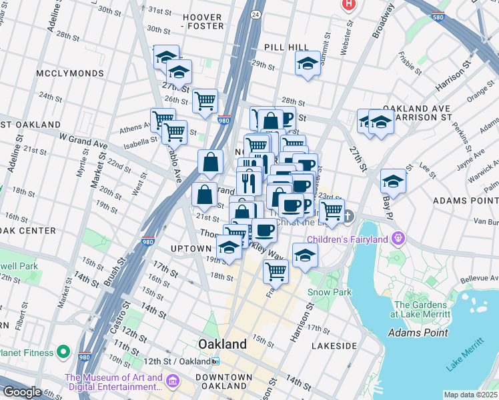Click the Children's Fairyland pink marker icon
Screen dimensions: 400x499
(x=399, y=237)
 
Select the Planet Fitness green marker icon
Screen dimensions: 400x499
(x=63, y=351)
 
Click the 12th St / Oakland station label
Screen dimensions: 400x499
(x=177, y=361)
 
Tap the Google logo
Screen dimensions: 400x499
(x=22, y=392)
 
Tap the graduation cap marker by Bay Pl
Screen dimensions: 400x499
(x=393, y=181)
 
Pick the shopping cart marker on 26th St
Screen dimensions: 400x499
(x=205, y=101)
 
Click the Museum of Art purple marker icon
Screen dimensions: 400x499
(x=173, y=381)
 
